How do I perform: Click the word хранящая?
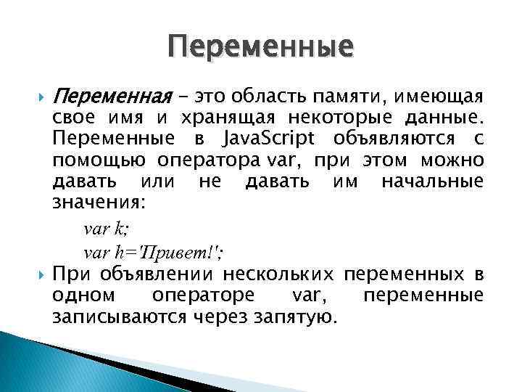pos(217,118)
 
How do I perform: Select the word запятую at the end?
pos(298,317)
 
